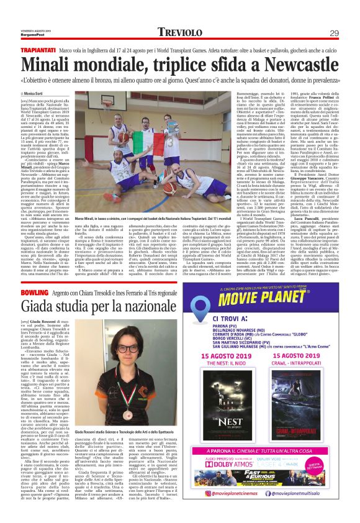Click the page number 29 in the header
(334, 33)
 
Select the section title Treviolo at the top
(179, 32)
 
